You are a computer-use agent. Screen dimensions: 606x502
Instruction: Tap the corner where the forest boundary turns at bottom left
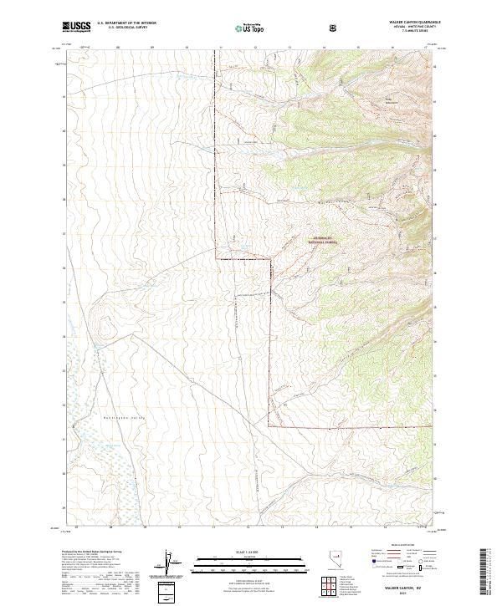(x=269, y=427)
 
